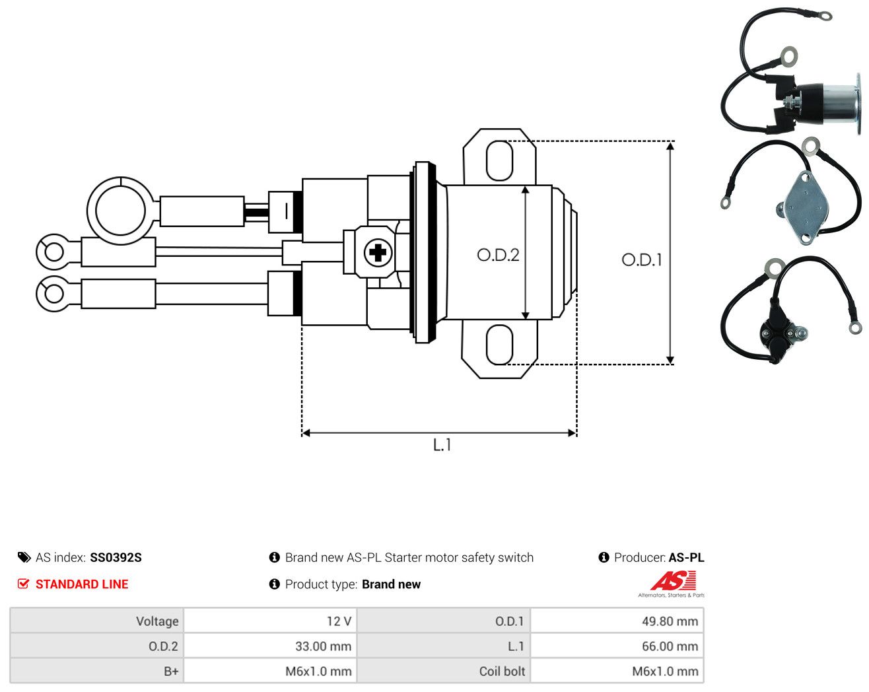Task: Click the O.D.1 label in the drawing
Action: tap(641, 260)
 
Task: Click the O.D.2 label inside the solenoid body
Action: tap(497, 255)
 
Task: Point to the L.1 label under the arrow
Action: tap(442, 445)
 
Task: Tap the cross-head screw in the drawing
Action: tap(378, 253)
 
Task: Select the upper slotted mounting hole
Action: tap(499, 160)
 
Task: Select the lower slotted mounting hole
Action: tap(499, 345)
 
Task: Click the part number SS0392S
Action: tap(116, 557)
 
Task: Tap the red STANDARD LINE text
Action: tap(82, 584)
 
